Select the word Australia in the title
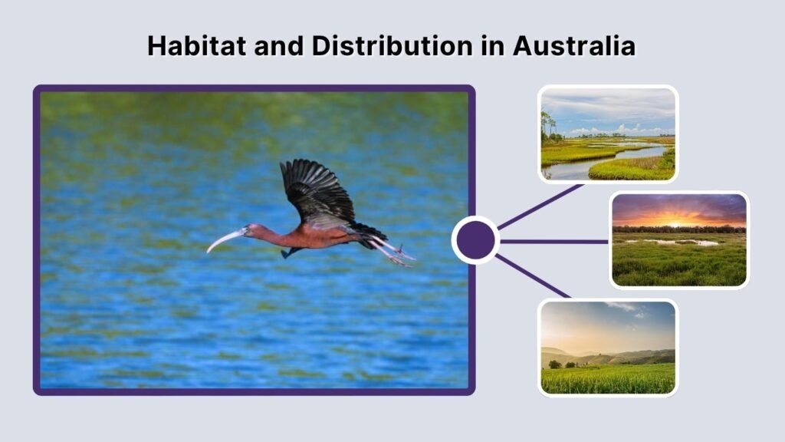pos(574,46)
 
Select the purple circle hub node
pos(475,240)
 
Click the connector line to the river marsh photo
pos(541,206)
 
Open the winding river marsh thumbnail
pos(608,134)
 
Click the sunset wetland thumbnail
pos(678,240)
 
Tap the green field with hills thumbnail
pos(608,347)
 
